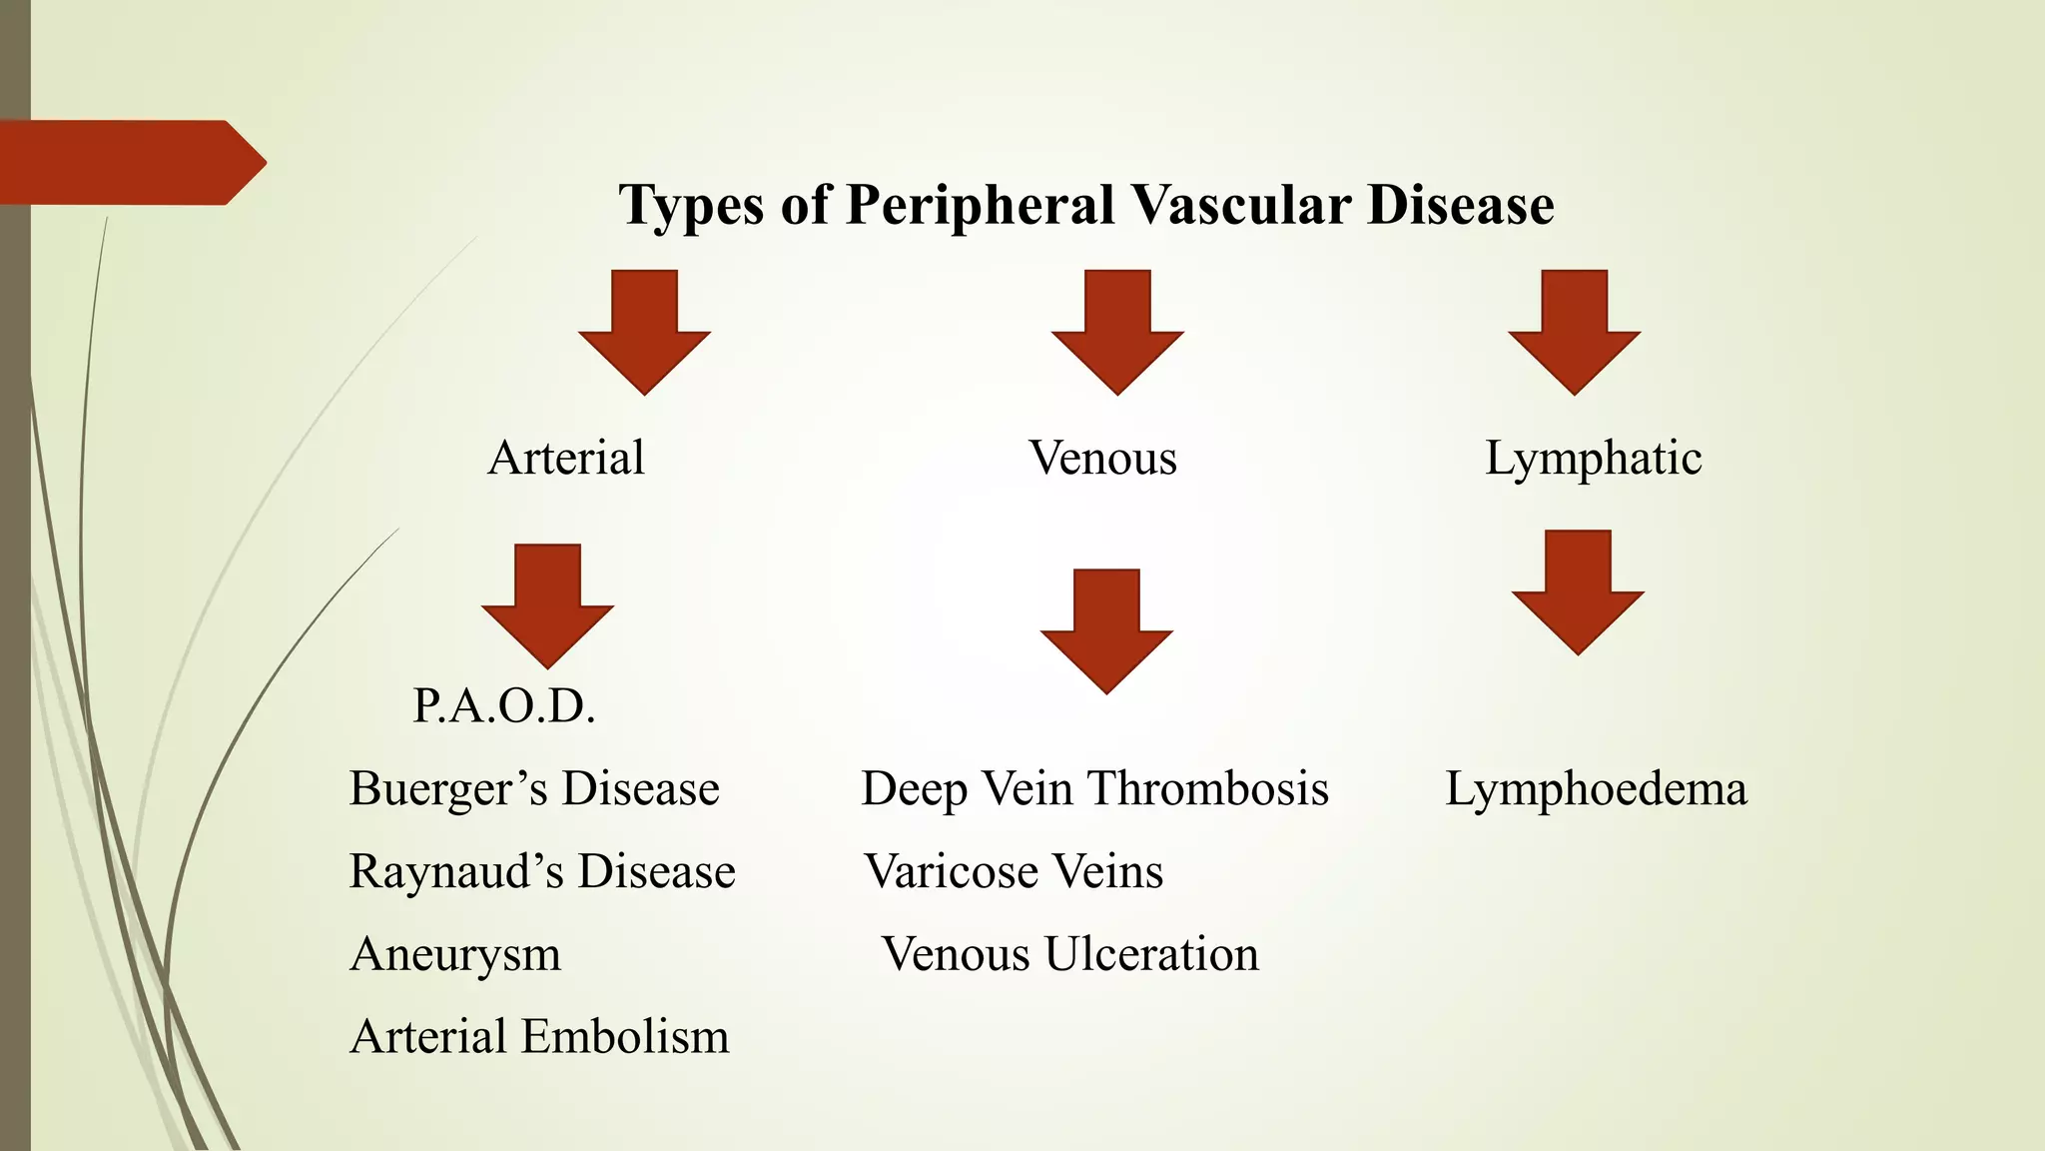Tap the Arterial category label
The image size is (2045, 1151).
[x=566, y=459]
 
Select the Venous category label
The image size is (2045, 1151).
[x=1102, y=459]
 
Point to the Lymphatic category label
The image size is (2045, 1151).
[x=1593, y=459]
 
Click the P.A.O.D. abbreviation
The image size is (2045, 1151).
[x=504, y=707]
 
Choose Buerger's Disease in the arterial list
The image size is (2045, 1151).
[x=534, y=789]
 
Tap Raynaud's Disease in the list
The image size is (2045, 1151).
[x=542, y=871]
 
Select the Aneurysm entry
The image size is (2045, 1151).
[x=455, y=954]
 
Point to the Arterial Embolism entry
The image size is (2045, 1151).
[x=539, y=1037]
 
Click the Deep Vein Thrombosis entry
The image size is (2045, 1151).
[x=1094, y=789]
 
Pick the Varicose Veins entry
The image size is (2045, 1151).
[x=1014, y=871]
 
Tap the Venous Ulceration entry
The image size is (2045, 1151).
[x=1069, y=954]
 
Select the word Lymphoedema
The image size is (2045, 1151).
[x=1596, y=789]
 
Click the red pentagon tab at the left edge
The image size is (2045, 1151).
[x=130, y=163]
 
